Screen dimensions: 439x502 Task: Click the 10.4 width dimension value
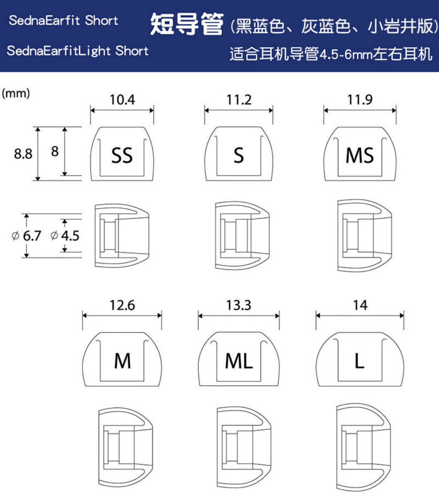click(x=122, y=100)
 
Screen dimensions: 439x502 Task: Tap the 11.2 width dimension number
click(x=239, y=100)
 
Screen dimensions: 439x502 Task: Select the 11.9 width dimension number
click(x=360, y=100)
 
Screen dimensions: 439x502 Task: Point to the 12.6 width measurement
click(x=122, y=305)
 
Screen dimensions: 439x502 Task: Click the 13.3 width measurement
click(x=239, y=305)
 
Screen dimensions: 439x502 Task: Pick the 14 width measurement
click(x=360, y=305)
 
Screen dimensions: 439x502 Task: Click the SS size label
click(x=122, y=155)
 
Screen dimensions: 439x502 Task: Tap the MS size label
click(x=360, y=155)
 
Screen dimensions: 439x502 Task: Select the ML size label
click(x=239, y=361)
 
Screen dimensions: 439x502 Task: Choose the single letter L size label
click(x=359, y=361)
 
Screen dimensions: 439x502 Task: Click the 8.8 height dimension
click(x=23, y=154)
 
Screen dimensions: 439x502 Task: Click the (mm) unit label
click(x=16, y=93)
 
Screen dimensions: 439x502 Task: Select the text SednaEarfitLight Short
click(x=78, y=51)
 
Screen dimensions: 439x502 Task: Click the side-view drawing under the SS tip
click(x=122, y=236)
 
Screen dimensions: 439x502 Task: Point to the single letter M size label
click(x=122, y=361)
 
